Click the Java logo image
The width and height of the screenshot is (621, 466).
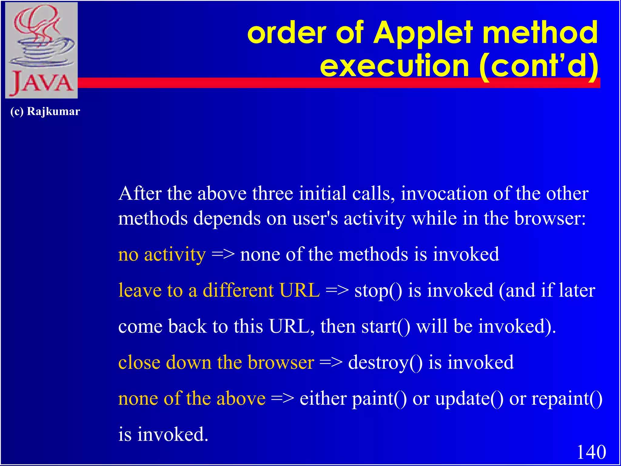42,50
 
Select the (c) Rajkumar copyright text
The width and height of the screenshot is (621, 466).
45,111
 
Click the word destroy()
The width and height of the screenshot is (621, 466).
385,362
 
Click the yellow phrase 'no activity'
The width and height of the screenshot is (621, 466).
162,254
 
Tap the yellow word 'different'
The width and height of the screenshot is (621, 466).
238,290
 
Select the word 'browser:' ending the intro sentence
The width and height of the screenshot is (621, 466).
550,218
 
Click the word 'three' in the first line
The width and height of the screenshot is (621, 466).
273,194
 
